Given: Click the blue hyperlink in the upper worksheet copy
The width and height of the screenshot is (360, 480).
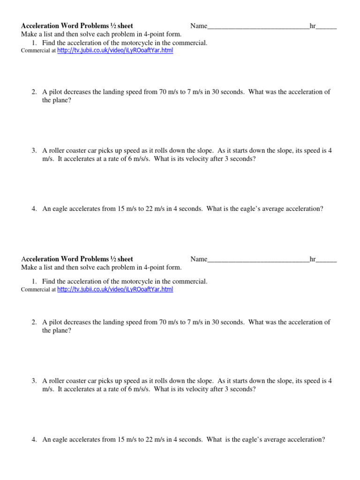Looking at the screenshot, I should click(x=115, y=51).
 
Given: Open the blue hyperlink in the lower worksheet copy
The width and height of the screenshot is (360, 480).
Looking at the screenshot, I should click(x=115, y=290).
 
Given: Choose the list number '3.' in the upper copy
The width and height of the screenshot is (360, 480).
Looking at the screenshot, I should click(x=34, y=151).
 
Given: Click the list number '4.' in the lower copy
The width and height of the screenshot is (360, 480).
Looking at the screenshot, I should click(x=34, y=440).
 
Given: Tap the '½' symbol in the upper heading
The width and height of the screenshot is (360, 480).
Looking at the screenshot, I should click(x=113, y=26).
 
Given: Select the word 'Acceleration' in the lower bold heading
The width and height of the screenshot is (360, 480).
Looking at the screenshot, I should click(x=41, y=259).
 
